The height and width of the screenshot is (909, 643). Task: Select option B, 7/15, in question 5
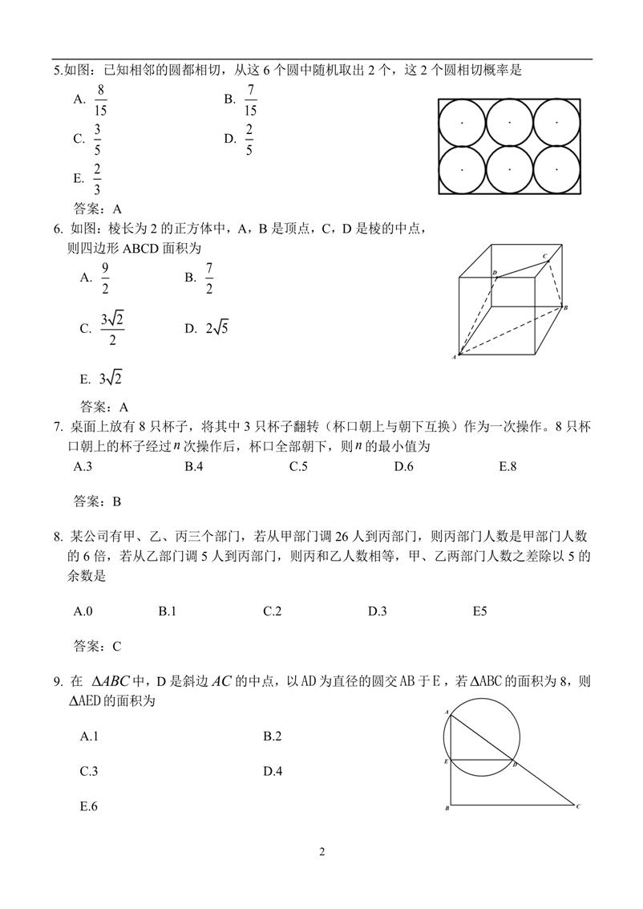coord(251,99)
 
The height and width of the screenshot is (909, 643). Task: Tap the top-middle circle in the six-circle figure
coord(509,122)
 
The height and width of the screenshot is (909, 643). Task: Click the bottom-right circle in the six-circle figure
coord(556,169)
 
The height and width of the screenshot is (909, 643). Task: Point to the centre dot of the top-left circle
coord(462,122)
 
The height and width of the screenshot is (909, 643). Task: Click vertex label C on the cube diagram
coord(544,256)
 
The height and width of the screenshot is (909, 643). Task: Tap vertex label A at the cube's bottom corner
coord(454,357)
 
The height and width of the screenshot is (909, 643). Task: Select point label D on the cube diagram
coord(495,273)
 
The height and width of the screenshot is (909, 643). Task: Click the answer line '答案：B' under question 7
coord(97,501)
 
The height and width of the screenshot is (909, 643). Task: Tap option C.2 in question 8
coord(272,611)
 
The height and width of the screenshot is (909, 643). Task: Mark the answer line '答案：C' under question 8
coord(97,645)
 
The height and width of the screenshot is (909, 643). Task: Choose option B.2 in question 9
coord(272,737)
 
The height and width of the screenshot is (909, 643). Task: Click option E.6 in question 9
coord(89,806)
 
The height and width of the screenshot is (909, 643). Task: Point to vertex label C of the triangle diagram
coord(577,806)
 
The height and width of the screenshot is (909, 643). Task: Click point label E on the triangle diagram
coord(446,760)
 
